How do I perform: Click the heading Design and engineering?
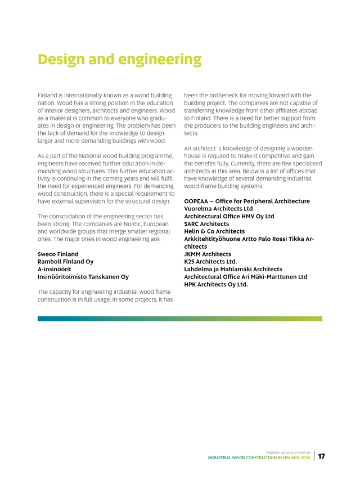coord(119,59)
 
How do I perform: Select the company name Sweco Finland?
coord(58,254)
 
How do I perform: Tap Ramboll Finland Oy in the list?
coord(65,262)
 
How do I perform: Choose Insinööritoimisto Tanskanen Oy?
coord(83,277)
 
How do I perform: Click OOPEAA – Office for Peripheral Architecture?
coord(247,201)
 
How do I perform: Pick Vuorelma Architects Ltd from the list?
coord(218,209)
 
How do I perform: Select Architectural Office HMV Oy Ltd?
coord(229,216)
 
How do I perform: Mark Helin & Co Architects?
coord(214,231)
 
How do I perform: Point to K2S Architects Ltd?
coord(210,262)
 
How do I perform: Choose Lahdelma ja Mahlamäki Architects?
coord(233,270)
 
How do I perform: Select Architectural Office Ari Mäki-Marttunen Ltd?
coord(245,277)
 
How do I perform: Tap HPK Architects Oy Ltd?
coord(216,285)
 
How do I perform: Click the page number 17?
coord(322,456)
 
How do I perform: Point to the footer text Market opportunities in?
coord(288,452)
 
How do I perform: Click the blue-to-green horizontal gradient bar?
coord(180,318)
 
